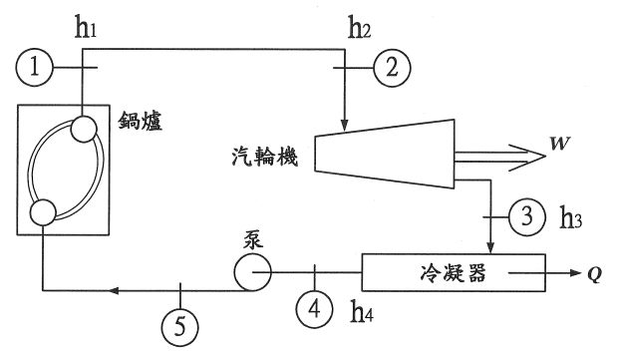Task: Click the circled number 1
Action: pos(34,69)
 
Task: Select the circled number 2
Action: pos(392,69)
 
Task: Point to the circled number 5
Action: pos(180,325)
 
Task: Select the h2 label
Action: pos(360,27)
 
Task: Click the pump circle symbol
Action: pos(250,270)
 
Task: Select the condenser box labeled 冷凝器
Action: pos(454,272)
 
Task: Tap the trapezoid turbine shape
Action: pos(378,154)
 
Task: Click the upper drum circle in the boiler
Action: pos(83,131)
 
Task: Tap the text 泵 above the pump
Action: pos(251,239)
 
